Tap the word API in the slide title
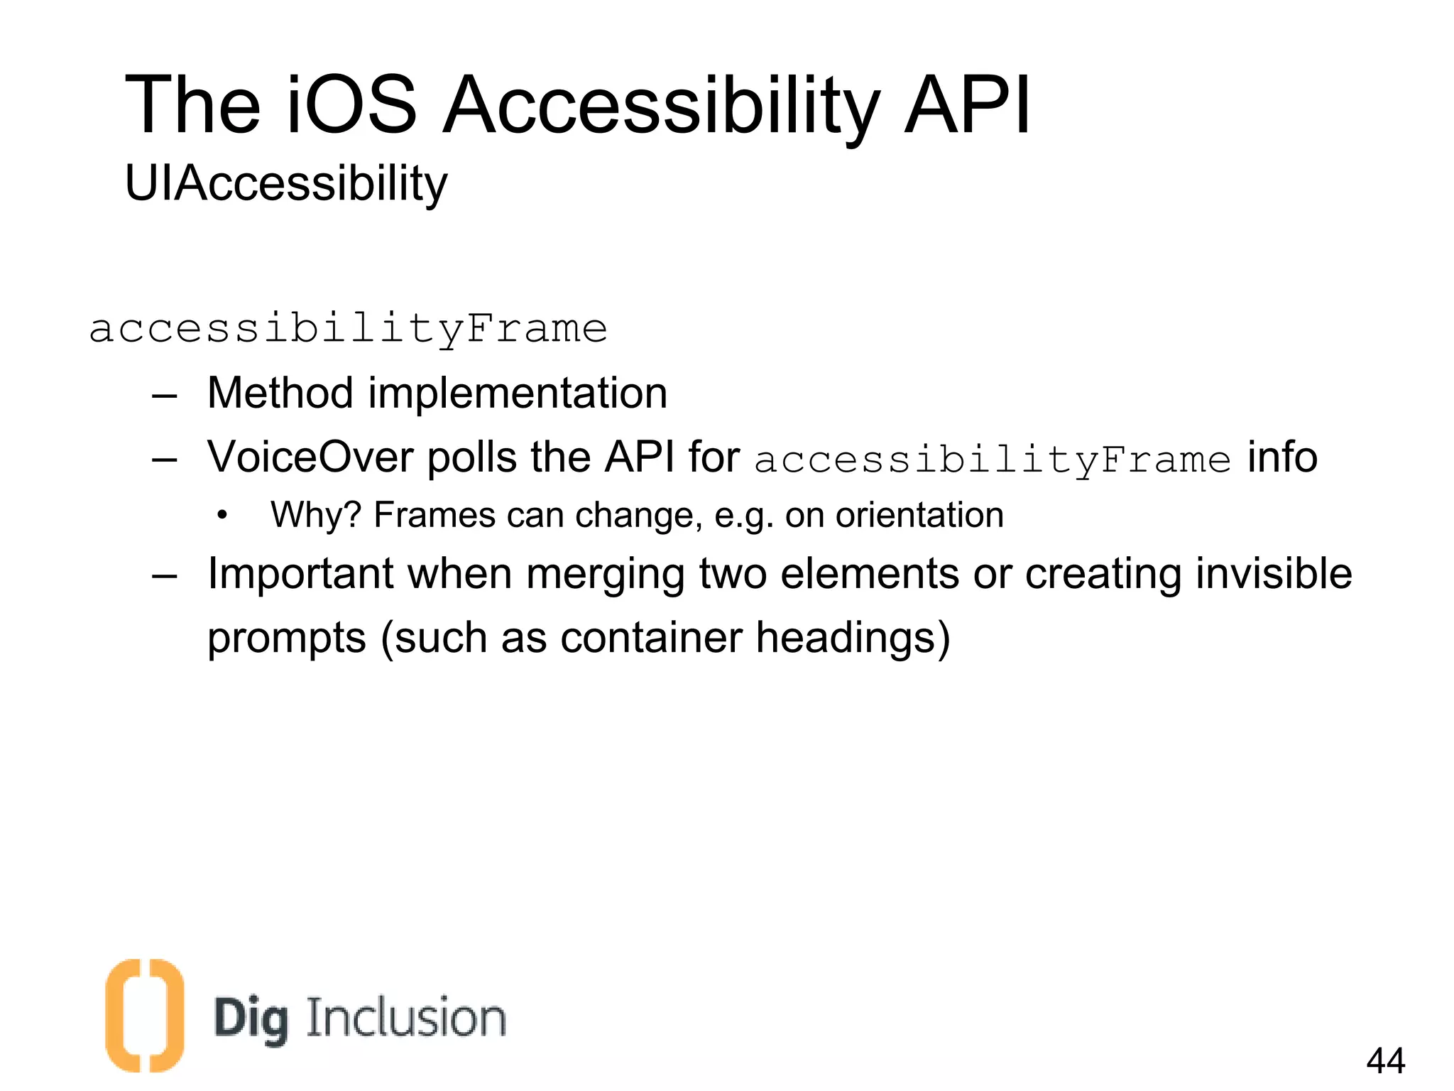967,105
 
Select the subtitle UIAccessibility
286,184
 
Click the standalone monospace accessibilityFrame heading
348,330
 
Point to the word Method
280,393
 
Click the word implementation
518,393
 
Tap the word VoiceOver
310,457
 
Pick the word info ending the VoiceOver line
1282,457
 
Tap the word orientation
919,515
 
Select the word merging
605,575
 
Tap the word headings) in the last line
853,637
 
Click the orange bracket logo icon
145,1015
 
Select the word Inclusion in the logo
405,1018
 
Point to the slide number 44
1385,1060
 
